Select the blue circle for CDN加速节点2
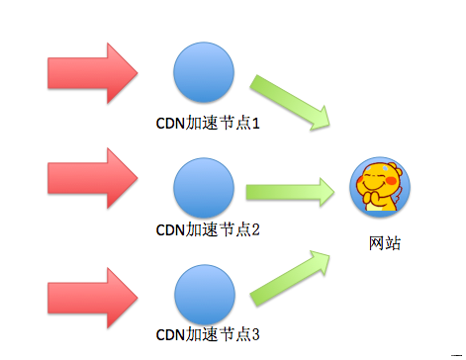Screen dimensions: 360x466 click(x=204, y=186)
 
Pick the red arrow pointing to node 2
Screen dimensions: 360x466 click(x=91, y=178)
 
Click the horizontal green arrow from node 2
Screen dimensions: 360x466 click(x=290, y=190)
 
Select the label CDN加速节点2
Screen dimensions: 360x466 click(x=208, y=230)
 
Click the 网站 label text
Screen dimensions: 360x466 click(x=382, y=241)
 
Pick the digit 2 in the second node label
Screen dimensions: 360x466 click(x=254, y=230)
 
